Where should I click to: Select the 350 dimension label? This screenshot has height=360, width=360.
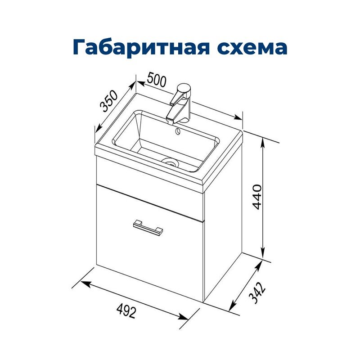tap(108, 101)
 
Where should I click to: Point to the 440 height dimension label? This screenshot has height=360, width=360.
tap(257, 196)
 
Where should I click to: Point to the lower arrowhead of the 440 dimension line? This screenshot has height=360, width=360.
tap(263, 254)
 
